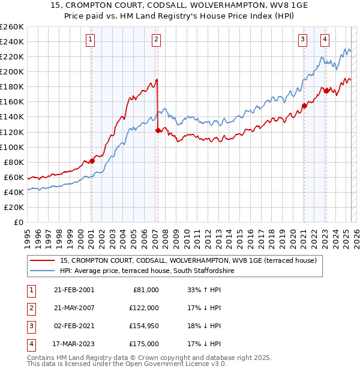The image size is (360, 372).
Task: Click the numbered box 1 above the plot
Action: (90, 40)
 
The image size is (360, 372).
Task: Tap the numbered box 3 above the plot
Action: (302, 40)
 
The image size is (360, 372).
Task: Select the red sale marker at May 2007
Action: (158, 130)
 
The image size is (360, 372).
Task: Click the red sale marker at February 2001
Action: (92, 161)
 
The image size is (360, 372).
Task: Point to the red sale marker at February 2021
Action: (304, 106)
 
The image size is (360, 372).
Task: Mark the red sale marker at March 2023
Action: (326, 90)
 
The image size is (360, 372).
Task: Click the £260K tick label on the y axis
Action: (11, 26)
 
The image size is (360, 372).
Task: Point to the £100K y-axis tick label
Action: (11, 147)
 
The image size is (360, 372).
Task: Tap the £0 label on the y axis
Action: (19, 222)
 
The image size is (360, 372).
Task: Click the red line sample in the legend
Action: (43, 260)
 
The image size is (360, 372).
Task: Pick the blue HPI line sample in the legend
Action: (43, 271)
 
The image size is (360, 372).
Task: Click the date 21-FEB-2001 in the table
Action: (74, 290)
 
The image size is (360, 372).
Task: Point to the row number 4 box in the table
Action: (31, 344)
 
